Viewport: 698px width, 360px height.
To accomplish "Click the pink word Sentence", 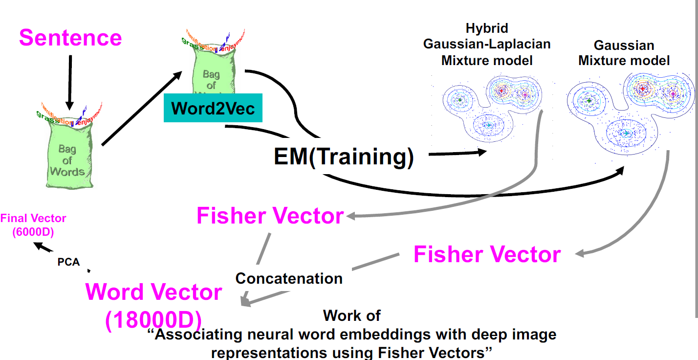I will (x=70, y=38).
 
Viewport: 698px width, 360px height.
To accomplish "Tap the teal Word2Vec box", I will (x=213, y=108).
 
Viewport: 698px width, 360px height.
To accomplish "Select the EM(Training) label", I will (x=344, y=157).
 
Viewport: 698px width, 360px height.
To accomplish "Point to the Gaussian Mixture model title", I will (x=624, y=53).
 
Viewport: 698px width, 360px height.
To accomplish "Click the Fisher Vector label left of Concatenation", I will (x=270, y=216).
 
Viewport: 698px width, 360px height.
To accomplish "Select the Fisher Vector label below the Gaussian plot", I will (x=487, y=255).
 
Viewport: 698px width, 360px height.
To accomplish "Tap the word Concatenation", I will (x=289, y=278).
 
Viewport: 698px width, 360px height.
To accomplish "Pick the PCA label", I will (x=68, y=262).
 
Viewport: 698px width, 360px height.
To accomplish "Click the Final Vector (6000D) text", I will (x=33, y=225).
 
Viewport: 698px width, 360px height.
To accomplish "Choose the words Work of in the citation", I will (x=351, y=315).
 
